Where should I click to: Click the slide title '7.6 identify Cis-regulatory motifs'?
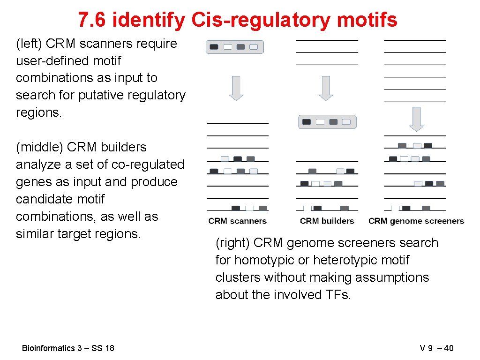[238, 20]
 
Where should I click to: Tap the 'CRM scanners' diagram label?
[237, 221]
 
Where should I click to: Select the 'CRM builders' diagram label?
[327, 221]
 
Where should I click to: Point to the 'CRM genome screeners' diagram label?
[416, 221]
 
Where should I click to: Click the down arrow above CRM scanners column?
[236, 88]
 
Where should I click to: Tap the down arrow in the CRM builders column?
[325, 88]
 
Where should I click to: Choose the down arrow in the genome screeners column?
[416, 119]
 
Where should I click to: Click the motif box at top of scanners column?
[235, 47]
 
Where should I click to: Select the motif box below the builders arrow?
[327, 122]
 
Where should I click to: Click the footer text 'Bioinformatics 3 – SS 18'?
[68, 348]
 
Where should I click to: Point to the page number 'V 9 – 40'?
[436, 348]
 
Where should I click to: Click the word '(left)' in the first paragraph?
[29, 44]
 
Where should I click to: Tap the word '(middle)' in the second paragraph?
[40, 147]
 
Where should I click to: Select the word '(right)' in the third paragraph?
[233, 243]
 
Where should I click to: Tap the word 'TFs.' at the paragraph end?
[337, 295]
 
